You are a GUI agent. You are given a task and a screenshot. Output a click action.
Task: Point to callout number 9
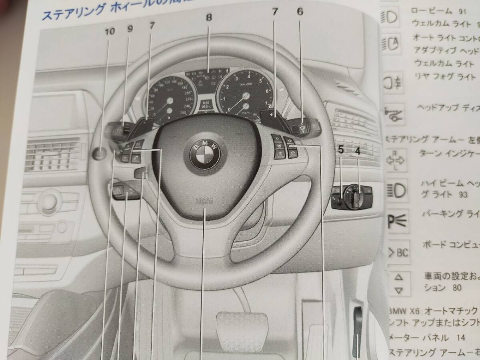pyautogui.click(x=130, y=29)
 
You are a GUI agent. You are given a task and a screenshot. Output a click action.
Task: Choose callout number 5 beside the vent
pyautogui.click(x=341, y=151)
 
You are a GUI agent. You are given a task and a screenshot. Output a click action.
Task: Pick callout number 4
pyautogui.click(x=358, y=152)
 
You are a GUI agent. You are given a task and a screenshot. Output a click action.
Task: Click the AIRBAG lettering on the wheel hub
pyautogui.click(x=203, y=202)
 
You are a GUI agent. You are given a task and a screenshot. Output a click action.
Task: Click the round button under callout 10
pyautogui.click(x=100, y=153)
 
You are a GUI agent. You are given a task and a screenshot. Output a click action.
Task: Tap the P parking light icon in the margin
pyautogui.click(x=396, y=220)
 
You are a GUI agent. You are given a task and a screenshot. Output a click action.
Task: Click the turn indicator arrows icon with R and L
pyautogui.click(x=394, y=160)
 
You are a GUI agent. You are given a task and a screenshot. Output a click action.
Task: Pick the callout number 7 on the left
pyautogui.click(x=151, y=26)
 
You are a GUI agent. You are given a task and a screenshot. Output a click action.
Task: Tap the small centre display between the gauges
pyautogui.click(x=206, y=105)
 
